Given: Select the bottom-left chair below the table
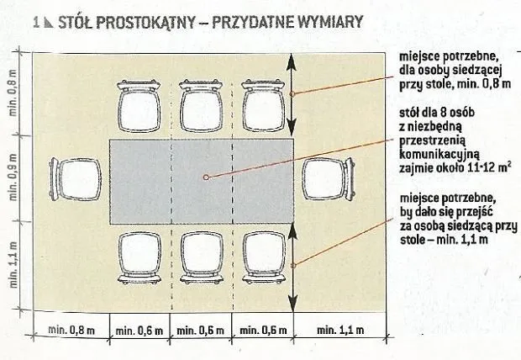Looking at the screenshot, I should coord(139,256).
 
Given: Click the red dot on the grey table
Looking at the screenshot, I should coord(204,177).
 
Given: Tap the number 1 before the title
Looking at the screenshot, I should coord(36,22).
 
